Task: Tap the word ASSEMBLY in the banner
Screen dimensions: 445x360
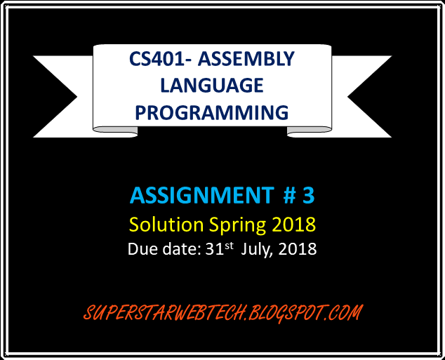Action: click(x=246, y=59)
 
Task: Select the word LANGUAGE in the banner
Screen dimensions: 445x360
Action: click(x=212, y=86)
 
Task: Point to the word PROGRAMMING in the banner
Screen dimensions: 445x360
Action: click(x=212, y=112)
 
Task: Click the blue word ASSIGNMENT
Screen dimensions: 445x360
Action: click(x=201, y=196)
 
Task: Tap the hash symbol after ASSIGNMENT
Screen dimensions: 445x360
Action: click(x=290, y=196)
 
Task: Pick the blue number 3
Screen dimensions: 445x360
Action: click(x=309, y=196)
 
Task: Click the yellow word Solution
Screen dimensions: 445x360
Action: click(x=166, y=225)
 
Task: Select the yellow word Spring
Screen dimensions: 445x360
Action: click(x=237, y=226)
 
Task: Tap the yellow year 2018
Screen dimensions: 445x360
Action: click(x=293, y=225)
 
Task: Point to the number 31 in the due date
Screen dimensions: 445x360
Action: click(x=215, y=249)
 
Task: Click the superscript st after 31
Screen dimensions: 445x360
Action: click(x=229, y=246)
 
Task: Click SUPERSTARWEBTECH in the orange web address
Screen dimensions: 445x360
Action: click(x=164, y=313)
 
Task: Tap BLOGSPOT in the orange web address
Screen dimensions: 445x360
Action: click(x=287, y=313)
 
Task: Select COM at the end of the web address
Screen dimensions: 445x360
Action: click(x=345, y=312)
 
